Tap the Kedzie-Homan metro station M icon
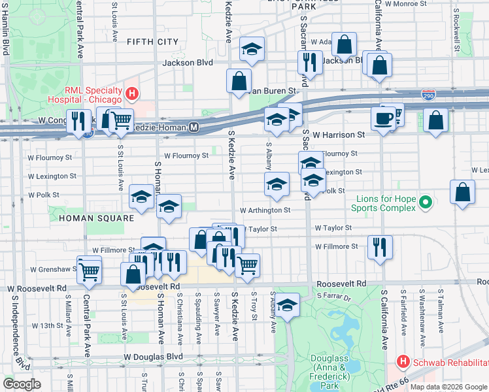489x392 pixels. point(194,127)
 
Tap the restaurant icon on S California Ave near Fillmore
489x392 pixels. point(380,247)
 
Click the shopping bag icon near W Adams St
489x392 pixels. point(344,44)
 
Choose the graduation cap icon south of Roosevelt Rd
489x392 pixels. point(287,304)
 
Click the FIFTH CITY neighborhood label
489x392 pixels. point(152,42)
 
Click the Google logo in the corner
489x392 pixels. point(22,384)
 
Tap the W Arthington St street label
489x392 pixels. point(265,210)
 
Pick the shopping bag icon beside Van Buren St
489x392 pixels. point(239,81)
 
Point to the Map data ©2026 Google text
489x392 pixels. point(448,387)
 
